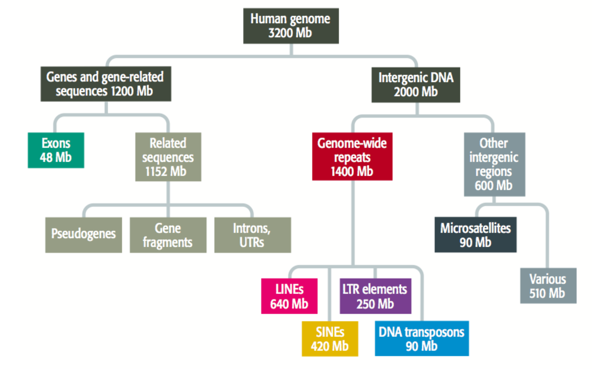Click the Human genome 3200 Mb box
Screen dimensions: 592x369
pyautogui.click(x=291, y=26)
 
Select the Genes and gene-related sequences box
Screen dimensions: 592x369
pyautogui.click(x=106, y=84)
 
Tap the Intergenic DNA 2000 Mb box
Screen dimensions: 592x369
pyautogui.click(x=416, y=85)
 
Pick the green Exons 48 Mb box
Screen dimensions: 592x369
pyautogui.click(x=56, y=150)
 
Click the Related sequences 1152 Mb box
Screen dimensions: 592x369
pyautogui.click(x=168, y=157)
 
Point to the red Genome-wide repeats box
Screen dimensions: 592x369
pyautogui.click(x=352, y=156)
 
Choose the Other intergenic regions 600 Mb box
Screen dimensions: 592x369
pyautogui.click(x=495, y=164)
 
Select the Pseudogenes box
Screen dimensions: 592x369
pyautogui.click(x=84, y=235)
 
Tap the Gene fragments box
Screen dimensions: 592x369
pyautogui.click(x=168, y=235)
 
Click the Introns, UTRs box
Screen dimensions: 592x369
pyautogui.click(x=252, y=235)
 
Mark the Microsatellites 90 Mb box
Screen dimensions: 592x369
pyautogui.click(x=476, y=235)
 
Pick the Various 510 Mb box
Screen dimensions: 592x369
pyautogui.click(x=548, y=285)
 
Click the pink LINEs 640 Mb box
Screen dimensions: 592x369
pyautogui.click(x=289, y=296)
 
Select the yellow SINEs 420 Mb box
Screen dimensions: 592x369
pyautogui.click(x=330, y=339)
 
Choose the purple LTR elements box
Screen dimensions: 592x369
pyautogui.click(x=376, y=296)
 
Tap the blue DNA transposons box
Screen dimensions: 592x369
pyautogui.click(x=422, y=339)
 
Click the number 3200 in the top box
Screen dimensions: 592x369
pyautogui.click(x=280, y=33)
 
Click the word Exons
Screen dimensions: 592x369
pyautogui.click(x=56, y=143)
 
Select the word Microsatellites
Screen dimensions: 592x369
pyautogui.click(x=476, y=228)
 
